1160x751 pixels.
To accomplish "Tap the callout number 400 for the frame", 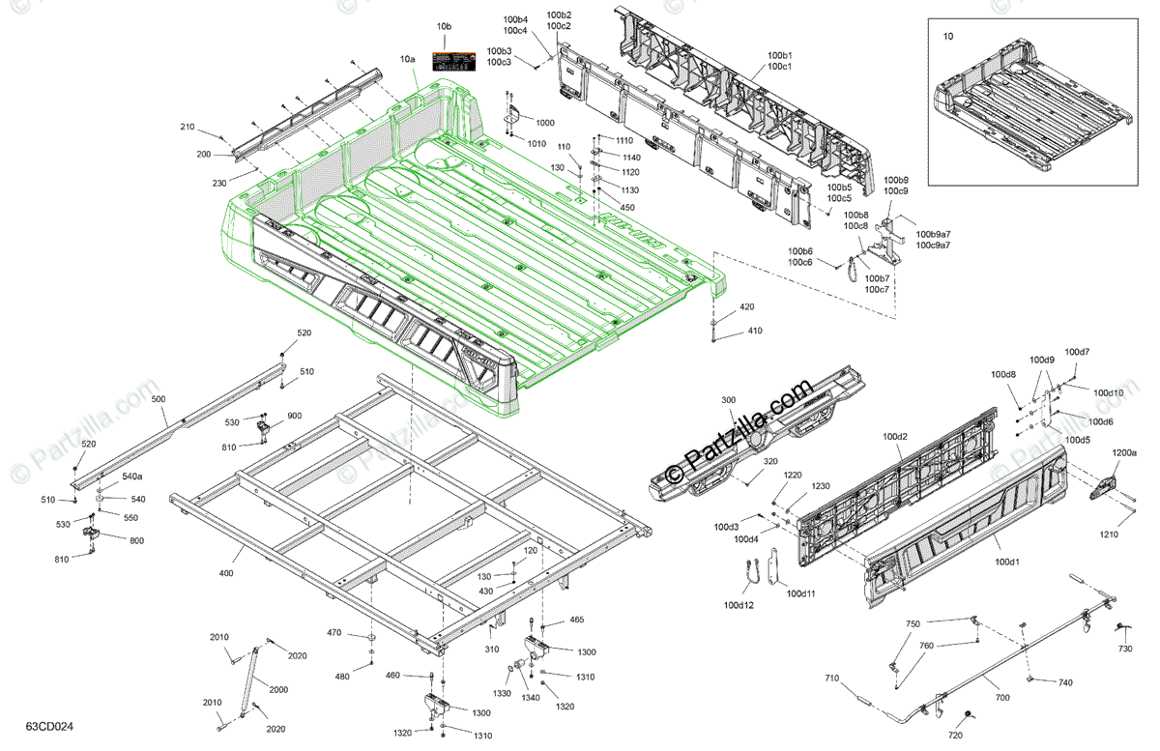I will [x=225, y=574].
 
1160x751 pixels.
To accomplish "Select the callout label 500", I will [x=159, y=399].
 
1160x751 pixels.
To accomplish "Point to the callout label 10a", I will [x=408, y=59].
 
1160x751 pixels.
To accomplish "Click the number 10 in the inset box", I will [x=947, y=36].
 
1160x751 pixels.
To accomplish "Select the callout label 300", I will [x=728, y=400].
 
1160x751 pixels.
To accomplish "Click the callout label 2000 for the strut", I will [x=278, y=690].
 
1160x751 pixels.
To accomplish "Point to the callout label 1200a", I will [x=1124, y=452].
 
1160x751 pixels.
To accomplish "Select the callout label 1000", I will [x=545, y=123].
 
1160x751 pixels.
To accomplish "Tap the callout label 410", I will [x=755, y=332].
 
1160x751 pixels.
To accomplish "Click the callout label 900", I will [x=294, y=416].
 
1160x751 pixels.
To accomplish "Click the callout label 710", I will [x=832, y=679].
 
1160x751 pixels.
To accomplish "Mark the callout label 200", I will [x=203, y=155].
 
